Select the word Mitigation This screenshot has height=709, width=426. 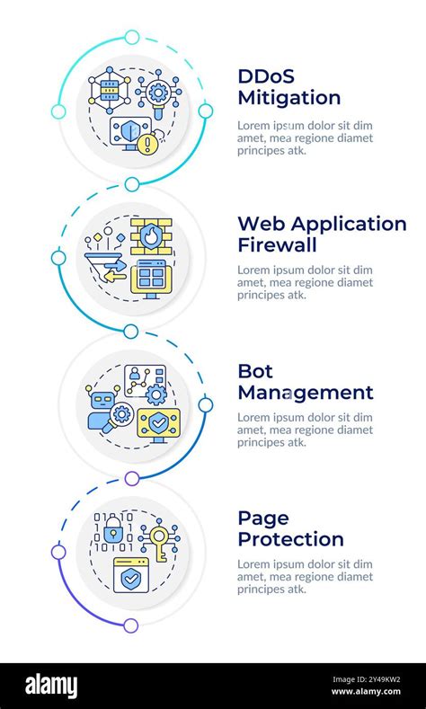(288, 98)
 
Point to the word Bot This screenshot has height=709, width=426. (255, 370)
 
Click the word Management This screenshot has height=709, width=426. (305, 393)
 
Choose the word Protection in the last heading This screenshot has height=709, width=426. (290, 540)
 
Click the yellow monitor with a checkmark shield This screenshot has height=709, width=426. (158, 421)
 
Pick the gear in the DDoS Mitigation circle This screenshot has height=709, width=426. (157, 93)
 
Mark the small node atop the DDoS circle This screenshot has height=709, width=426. (132, 37)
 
